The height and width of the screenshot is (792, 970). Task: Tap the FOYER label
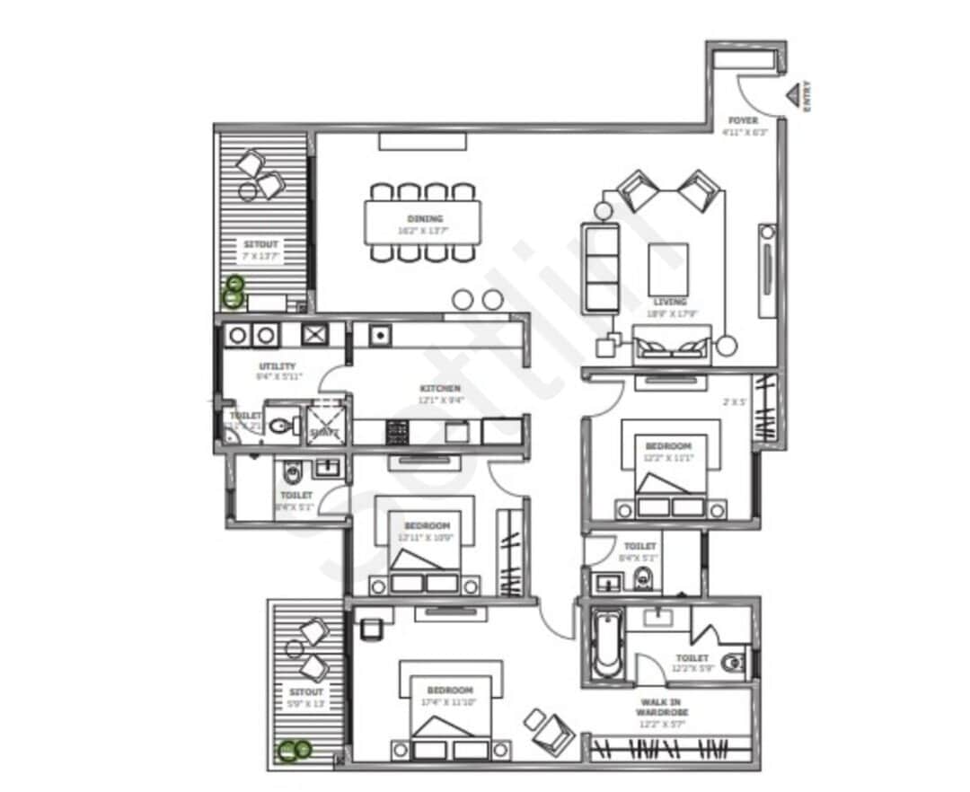pos(743,120)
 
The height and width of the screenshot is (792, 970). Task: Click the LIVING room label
pos(670,302)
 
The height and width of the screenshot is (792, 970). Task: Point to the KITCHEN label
pos(440,389)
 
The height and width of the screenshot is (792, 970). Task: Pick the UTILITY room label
pos(277,366)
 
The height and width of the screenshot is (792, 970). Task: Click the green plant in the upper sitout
pos(234,291)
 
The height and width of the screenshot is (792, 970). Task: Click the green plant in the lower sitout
pos(293,750)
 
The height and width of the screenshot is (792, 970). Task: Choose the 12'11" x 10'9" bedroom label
pos(426,525)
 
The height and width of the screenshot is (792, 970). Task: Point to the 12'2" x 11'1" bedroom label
pos(668,446)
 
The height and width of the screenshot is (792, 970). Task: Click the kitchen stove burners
pos(397,432)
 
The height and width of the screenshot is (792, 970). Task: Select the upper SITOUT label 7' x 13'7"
pos(261,243)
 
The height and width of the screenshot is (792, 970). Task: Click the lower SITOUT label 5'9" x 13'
pos(305,692)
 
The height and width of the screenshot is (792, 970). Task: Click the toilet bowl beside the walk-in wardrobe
pos(734,663)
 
